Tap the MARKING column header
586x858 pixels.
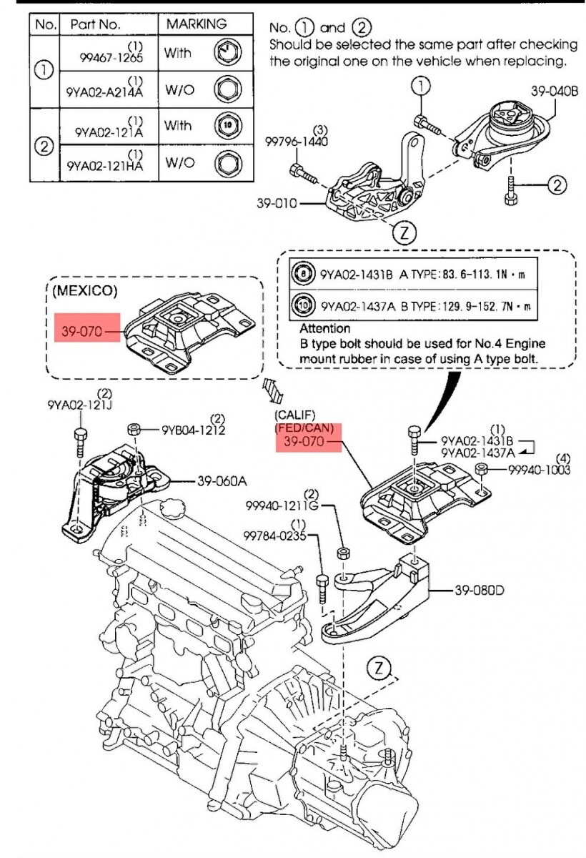[196, 24]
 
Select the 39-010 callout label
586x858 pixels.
[277, 203]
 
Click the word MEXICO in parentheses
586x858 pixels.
[84, 292]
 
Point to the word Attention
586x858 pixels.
[325, 328]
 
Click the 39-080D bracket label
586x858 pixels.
[480, 591]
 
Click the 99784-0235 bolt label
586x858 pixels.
[276, 535]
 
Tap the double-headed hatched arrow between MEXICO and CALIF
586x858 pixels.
[273, 391]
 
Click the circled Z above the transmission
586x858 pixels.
[379, 669]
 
